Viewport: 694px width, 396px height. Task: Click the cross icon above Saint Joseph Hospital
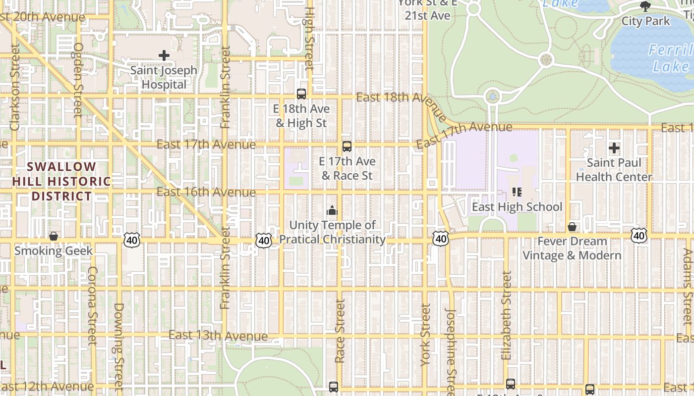[x=164, y=55]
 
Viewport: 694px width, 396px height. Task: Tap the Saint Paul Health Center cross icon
[x=614, y=148]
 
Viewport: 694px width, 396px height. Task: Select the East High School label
[x=517, y=206]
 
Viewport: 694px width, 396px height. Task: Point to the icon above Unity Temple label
[x=332, y=211]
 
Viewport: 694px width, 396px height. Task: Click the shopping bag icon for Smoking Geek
[x=54, y=237]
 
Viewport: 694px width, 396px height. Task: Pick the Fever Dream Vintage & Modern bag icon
[x=572, y=227]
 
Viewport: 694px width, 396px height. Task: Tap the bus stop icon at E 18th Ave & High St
[x=301, y=94]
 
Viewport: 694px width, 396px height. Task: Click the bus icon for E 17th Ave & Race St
[x=347, y=147]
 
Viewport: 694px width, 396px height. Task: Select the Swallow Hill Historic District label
[x=61, y=181]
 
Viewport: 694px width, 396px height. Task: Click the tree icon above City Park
[x=645, y=6]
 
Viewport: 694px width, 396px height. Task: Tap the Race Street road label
[x=340, y=331]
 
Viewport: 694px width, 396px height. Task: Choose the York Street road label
[x=425, y=335]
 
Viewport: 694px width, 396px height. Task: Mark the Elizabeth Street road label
[x=506, y=315]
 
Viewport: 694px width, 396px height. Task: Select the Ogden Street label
[x=78, y=79]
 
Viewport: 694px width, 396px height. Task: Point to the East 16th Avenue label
[x=206, y=192]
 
